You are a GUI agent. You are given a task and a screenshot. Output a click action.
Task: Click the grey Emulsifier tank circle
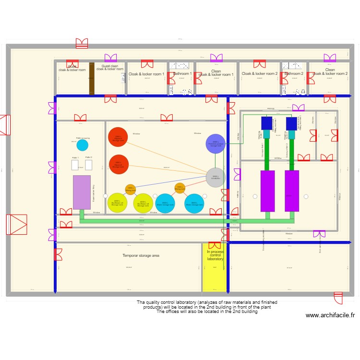(x=216, y=178)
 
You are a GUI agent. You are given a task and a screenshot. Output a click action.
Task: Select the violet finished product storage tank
(x=216, y=144)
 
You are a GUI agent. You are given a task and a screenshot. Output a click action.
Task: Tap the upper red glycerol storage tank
(x=118, y=137)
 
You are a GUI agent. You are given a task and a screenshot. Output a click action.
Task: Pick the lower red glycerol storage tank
(x=119, y=165)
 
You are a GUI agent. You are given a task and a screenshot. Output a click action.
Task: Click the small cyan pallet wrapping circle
(x=83, y=145)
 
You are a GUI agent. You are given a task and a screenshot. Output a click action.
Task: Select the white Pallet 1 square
(x=75, y=165)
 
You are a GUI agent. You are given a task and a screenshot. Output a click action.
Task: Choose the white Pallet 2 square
(x=88, y=165)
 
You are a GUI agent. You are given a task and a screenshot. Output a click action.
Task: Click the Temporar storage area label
(x=141, y=256)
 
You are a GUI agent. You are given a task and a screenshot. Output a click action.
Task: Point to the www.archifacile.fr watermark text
(x=330, y=315)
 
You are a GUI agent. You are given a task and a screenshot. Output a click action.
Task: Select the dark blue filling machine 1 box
(x=267, y=123)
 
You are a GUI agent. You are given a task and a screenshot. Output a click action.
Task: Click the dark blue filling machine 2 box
(x=291, y=123)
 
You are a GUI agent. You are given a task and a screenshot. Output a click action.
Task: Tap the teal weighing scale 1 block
(x=267, y=135)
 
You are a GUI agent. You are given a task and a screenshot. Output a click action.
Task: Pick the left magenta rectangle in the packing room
(x=267, y=191)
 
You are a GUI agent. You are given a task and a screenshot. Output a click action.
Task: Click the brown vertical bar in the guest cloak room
(x=92, y=78)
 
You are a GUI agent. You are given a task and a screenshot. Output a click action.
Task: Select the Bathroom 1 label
(x=182, y=74)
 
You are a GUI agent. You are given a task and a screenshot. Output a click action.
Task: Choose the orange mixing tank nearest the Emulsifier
(x=180, y=188)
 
